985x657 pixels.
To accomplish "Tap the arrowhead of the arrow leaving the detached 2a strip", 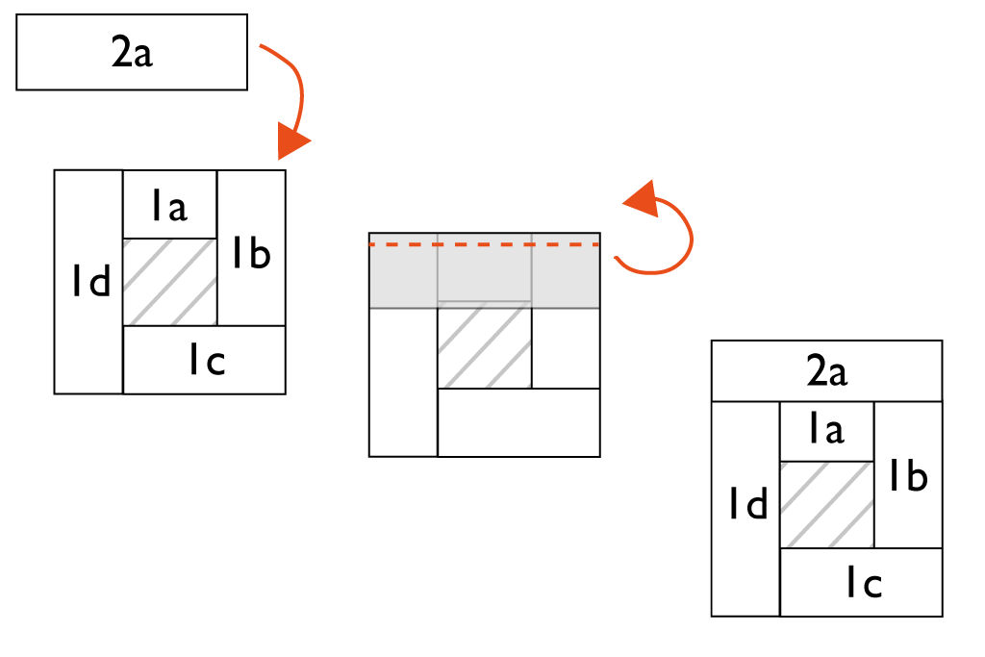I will tap(292, 141).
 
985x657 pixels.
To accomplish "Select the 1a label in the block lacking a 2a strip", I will tap(168, 205).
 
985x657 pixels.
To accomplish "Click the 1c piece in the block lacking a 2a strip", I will tap(205, 360).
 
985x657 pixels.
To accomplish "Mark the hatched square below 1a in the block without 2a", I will tap(169, 282).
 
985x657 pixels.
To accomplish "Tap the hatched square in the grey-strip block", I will tap(484, 345).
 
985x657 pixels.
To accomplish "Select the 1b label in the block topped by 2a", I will tap(907, 475).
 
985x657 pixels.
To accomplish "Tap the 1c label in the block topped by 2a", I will tap(864, 582).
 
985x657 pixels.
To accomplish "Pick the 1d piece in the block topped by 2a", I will tap(745, 508).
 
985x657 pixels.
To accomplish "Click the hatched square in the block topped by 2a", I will tap(826, 505).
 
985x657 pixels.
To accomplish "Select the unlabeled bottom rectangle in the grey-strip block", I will tap(518, 421).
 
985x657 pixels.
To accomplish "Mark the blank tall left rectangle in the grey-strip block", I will tap(403, 381).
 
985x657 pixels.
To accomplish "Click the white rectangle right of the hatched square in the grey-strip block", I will tap(566, 347).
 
